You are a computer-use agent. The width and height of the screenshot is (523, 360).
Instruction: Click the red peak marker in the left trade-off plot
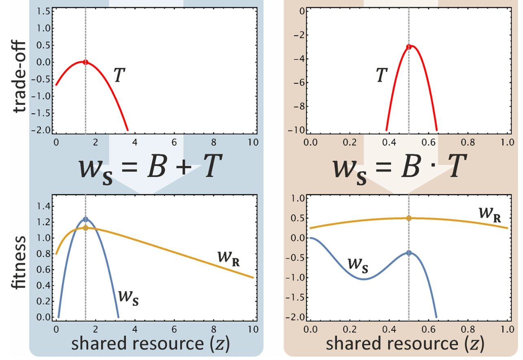tap(85, 62)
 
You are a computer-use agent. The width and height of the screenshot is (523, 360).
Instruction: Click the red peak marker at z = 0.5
tap(409, 47)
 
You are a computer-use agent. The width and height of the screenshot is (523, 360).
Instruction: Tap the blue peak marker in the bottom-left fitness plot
tap(85, 219)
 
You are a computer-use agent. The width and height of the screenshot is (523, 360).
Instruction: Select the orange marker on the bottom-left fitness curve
tap(85, 228)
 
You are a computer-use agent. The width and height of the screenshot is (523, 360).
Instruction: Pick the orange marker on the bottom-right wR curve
tap(409, 218)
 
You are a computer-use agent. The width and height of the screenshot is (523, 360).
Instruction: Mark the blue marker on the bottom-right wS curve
tap(409, 253)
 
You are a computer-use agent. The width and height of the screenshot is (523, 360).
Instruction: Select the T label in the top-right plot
tap(381, 75)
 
